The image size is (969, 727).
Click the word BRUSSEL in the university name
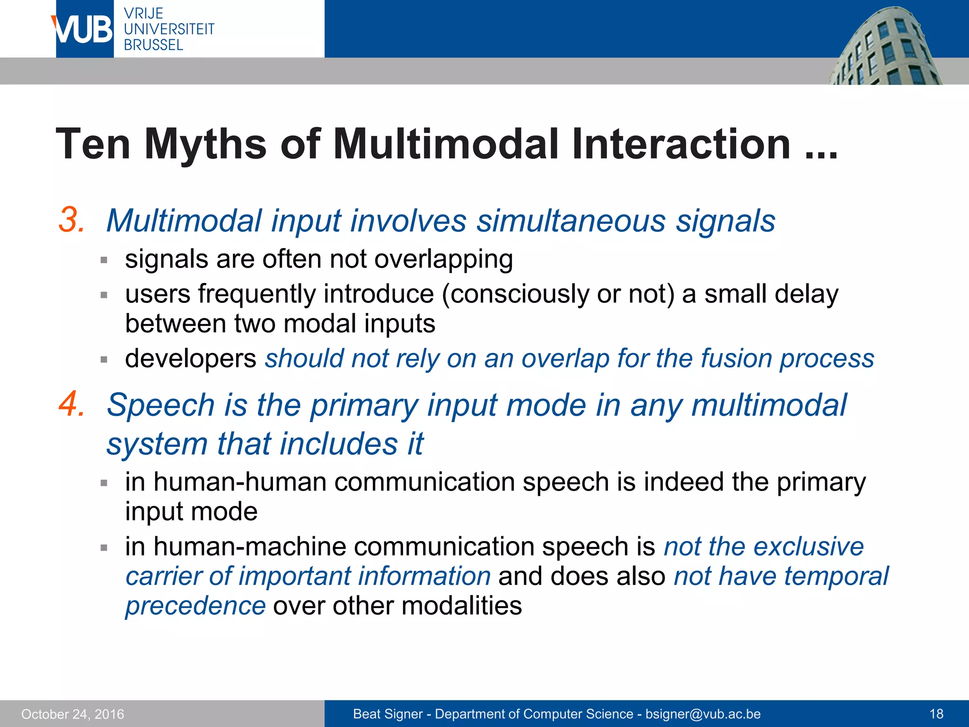click(153, 45)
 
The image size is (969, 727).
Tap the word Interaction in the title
click(681, 144)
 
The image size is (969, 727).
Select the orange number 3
click(72, 221)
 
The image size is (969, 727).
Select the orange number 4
click(72, 405)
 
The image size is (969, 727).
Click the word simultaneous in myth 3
click(571, 221)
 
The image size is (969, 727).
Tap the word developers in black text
click(190, 358)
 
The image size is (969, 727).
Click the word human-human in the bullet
click(240, 482)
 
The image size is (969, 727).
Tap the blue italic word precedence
click(195, 606)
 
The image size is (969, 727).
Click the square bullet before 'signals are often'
click(104, 260)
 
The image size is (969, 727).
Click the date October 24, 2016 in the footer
click(72, 714)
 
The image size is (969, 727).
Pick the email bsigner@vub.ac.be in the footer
click(703, 714)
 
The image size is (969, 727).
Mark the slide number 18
click(936, 714)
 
